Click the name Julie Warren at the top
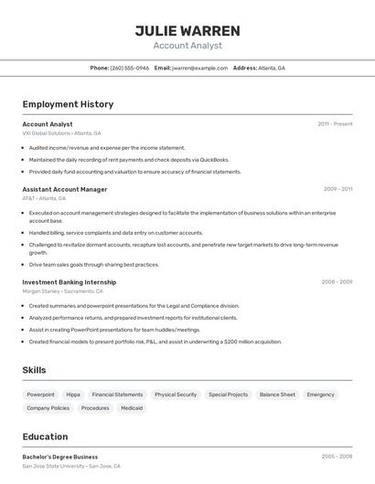[x=187, y=31]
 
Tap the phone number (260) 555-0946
[x=129, y=68]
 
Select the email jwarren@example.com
[x=199, y=68]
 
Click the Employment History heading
[x=68, y=104]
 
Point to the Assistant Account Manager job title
[x=65, y=189]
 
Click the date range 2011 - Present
[x=335, y=123]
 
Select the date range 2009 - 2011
[x=337, y=189]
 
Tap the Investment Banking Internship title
[x=70, y=282]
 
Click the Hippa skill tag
[x=73, y=395]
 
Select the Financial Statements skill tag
[x=117, y=395]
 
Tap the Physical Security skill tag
[x=176, y=395]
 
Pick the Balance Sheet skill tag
[x=277, y=395]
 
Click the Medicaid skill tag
[x=132, y=408]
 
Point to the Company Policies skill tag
[x=48, y=408]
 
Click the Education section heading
[x=45, y=437]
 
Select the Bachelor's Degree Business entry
[x=60, y=457]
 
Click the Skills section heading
[x=34, y=369]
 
